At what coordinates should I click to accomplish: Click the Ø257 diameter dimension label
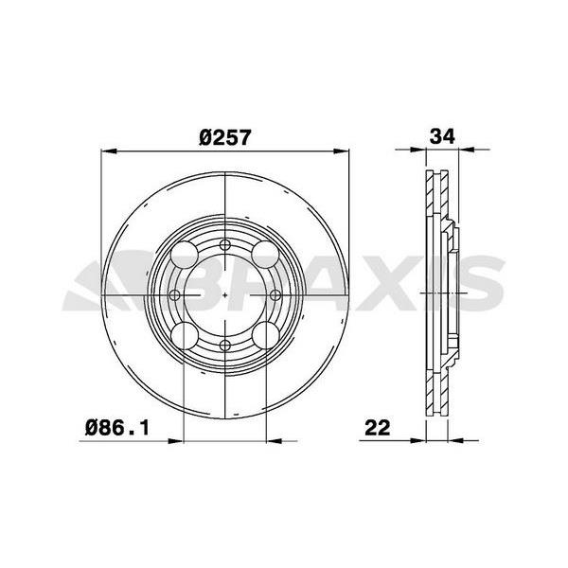(224, 135)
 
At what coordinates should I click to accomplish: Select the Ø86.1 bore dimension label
(118, 427)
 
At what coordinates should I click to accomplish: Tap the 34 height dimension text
(441, 135)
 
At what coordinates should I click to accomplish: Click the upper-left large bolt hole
(185, 255)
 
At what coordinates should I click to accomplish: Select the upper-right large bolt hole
(265, 255)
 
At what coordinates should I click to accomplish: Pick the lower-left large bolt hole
(185, 335)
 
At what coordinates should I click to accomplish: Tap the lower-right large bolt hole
(265, 335)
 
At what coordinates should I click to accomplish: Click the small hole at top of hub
(225, 246)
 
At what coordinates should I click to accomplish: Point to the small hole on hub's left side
(176, 295)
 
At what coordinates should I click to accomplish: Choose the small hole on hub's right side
(275, 295)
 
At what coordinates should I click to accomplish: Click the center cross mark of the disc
(225, 295)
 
